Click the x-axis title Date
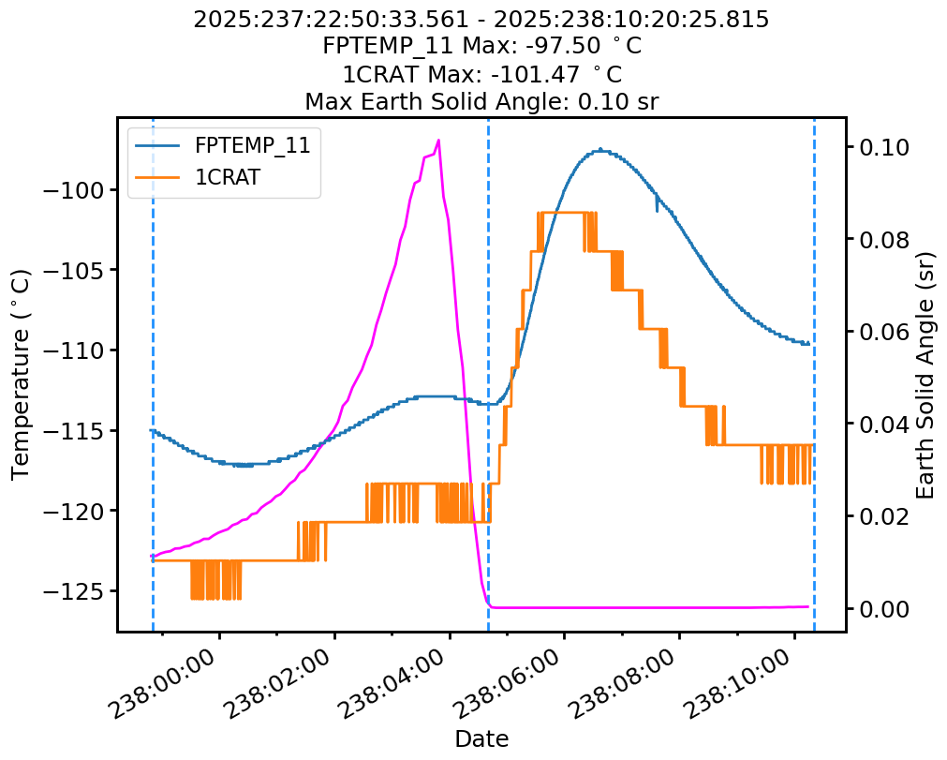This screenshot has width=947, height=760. pyautogui.click(x=481, y=739)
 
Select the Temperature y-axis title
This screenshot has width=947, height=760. pyautogui.click(x=22, y=374)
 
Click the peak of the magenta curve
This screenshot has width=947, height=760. pyautogui.click(x=438, y=140)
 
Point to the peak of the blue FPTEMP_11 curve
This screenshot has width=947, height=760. pyautogui.click(x=599, y=149)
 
